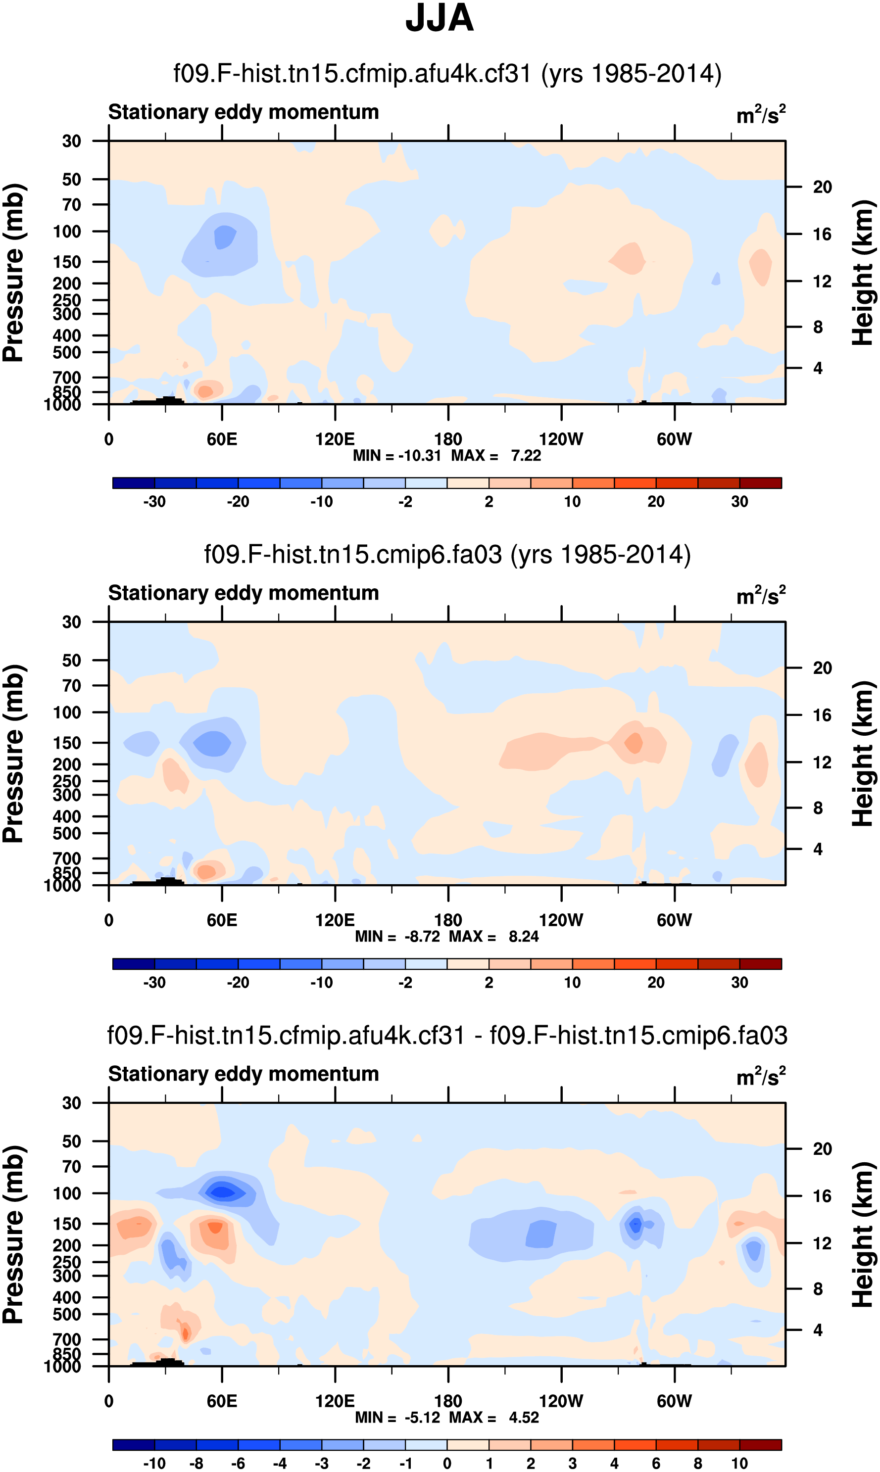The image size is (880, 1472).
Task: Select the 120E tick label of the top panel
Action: pos(335,439)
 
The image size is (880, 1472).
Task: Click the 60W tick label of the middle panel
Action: pos(674,920)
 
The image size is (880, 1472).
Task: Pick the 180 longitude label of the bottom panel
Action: pos(448,1401)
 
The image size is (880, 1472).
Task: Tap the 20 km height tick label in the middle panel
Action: pos(822,668)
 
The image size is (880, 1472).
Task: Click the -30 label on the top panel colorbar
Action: pos(154,502)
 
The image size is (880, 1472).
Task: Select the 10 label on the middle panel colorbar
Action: pos(572,982)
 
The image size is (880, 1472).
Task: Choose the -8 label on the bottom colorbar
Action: pos(196,1463)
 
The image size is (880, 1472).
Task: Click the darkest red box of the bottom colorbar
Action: pos(760,1445)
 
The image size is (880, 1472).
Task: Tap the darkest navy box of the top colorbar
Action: pos(134,483)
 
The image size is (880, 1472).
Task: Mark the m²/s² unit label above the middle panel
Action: pos(761,595)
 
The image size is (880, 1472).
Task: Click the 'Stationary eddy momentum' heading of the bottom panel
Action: pos(243,1074)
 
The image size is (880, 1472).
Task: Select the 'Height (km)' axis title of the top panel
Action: pos(863,273)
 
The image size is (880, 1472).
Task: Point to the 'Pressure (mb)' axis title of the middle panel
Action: pos(13,754)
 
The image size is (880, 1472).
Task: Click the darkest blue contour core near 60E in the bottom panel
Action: pos(222,1191)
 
